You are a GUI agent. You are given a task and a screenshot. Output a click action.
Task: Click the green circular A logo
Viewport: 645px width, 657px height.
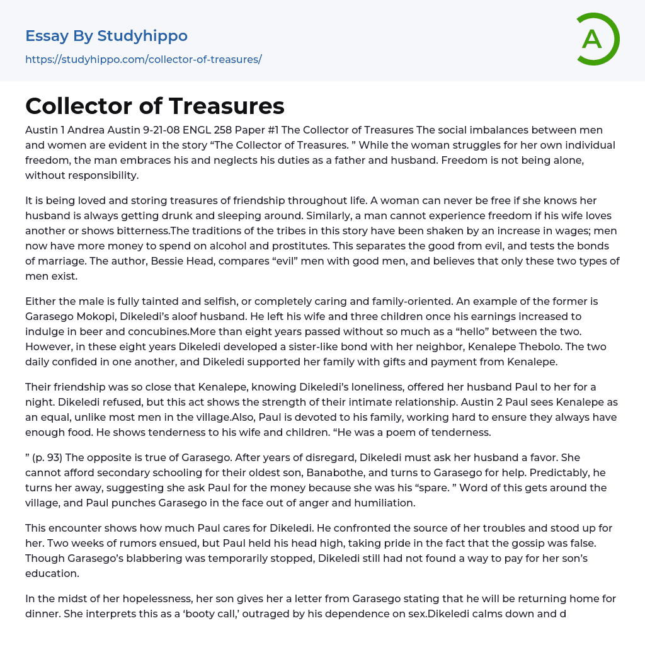(x=595, y=39)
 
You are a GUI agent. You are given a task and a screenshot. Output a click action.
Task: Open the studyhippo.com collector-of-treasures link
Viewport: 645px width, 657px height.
(x=143, y=60)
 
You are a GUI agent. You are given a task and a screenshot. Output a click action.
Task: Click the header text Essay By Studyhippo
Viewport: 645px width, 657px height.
(x=106, y=36)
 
